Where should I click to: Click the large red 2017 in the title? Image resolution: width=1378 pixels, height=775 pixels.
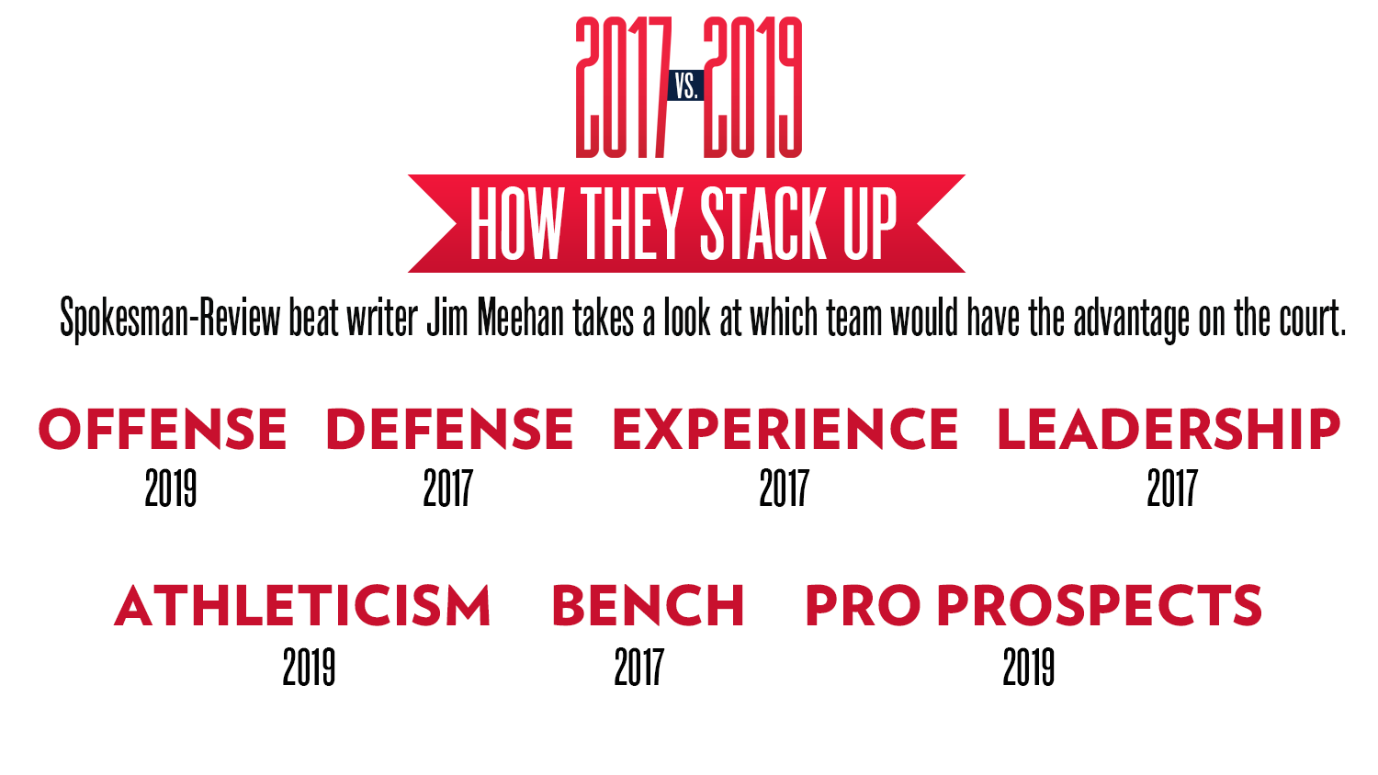point(623,87)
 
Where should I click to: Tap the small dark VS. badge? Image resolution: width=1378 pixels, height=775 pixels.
point(686,85)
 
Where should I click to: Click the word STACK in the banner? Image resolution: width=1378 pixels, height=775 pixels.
point(764,223)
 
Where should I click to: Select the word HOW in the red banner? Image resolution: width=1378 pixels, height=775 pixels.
point(516,223)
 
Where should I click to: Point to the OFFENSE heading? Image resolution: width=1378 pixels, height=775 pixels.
point(163,429)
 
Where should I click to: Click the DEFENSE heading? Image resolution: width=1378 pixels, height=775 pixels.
point(450,429)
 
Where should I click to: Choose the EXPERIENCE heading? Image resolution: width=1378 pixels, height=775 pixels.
point(785,429)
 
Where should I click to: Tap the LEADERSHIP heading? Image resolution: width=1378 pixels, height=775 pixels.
point(1169,429)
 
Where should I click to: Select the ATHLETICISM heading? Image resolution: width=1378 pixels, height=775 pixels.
point(302,606)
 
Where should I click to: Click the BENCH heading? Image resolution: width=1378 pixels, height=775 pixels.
point(649,606)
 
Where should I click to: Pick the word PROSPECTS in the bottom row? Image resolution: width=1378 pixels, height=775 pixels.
point(1100,606)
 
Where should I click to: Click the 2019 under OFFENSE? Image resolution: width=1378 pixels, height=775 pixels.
point(170,488)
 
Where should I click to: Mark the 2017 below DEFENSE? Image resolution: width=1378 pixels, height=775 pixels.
point(448,488)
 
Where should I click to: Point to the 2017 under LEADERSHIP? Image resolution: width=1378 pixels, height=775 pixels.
point(1172,488)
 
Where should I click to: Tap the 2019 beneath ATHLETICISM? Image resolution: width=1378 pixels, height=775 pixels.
point(309,667)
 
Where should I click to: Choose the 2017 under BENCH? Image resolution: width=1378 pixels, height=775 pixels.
point(639,667)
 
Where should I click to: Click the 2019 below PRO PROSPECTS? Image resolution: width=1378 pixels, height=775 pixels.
point(1029,667)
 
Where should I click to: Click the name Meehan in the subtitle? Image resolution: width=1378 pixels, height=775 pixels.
point(521,318)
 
